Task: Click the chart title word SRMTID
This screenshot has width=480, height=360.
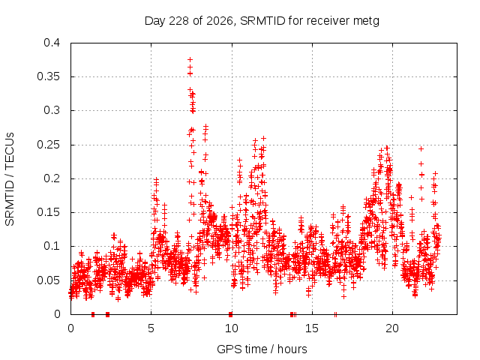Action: tap(262, 21)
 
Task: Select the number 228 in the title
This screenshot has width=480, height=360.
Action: tap(179, 21)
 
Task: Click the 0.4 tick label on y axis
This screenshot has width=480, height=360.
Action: tap(52, 43)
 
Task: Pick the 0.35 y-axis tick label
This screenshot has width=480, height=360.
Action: tap(48, 76)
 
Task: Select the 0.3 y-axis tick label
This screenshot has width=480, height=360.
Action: tap(52, 110)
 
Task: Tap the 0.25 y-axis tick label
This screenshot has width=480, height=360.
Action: tap(48, 145)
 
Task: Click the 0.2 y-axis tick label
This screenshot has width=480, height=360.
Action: tap(52, 178)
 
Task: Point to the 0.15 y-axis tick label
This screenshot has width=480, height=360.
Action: tap(48, 212)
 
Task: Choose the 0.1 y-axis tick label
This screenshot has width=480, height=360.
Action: tap(52, 246)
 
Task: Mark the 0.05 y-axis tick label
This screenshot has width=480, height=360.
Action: tap(48, 280)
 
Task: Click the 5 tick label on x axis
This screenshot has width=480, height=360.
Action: tap(151, 328)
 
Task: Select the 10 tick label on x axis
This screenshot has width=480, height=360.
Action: tap(232, 328)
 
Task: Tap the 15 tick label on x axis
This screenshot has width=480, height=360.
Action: tap(312, 328)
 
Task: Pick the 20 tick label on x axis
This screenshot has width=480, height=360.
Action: tap(392, 328)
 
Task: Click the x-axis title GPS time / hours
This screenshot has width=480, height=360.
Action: tap(262, 349)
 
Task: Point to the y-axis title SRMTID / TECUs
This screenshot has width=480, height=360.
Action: tap(10, 179)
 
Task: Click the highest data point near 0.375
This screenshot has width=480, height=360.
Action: tap(190, 59)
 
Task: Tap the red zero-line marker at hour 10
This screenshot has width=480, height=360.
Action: tap(230, 314)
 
